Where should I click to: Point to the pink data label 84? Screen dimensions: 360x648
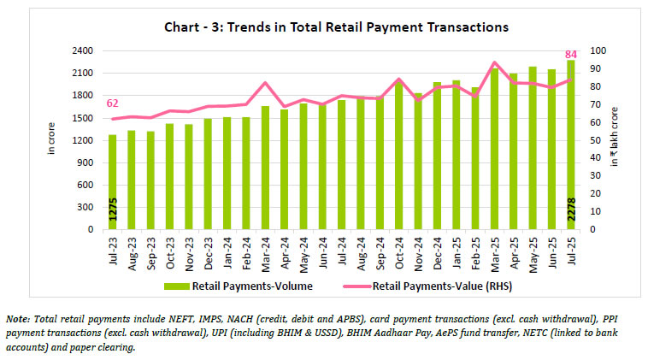(x=571, y=54)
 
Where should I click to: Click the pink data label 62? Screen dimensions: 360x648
(x=112, y=103)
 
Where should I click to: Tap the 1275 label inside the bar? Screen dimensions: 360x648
(x=112, y=212)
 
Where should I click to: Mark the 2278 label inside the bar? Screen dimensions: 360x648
(x=570, y=212)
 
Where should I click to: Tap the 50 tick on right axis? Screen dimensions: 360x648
(x=589, y=140)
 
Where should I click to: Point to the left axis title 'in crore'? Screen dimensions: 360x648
(x=52, y=139)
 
